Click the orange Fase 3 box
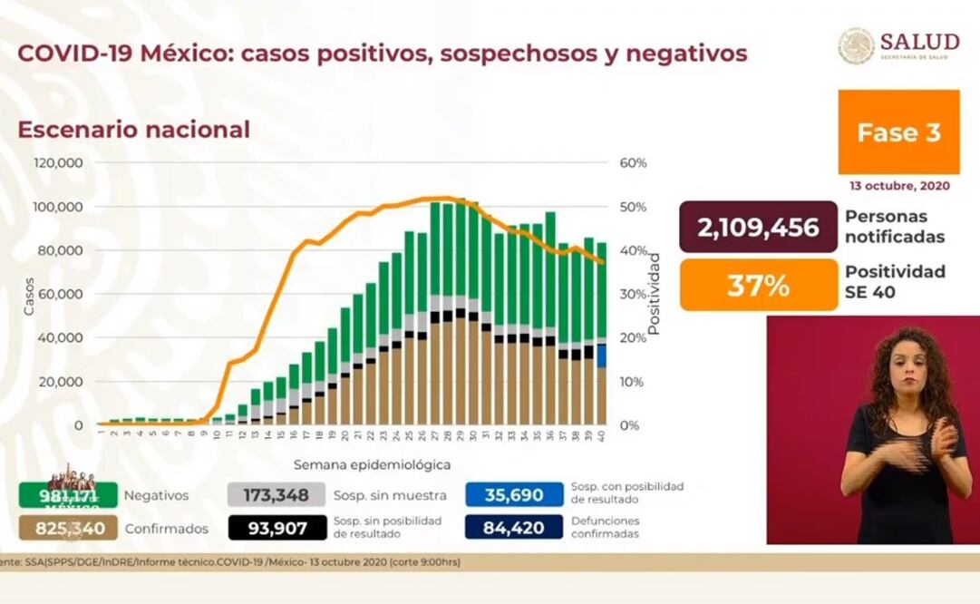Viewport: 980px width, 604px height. click(898, 132)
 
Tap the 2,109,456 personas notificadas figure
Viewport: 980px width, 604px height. click(758, 227)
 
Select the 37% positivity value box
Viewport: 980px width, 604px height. click(758, 285)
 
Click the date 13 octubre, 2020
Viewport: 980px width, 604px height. click(899, 185)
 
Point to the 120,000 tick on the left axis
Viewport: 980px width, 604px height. click(59, 163)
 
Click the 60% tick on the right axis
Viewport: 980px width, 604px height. click(633, 163)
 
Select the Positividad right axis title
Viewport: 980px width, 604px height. click(655, 294)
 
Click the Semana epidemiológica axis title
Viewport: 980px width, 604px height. click(372, 464)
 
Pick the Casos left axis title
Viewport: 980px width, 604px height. click(28, 295)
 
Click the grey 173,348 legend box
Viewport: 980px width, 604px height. click(276, 495)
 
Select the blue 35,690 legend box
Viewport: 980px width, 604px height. click(514, 495)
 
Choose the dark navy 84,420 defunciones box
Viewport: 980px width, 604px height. click(514, 527)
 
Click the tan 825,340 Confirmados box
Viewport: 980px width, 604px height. click(68, 528)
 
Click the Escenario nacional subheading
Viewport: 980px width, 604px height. click(133, 130)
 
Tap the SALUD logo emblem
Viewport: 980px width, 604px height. click(856, 46)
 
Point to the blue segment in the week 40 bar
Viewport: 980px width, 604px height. click(601, 356)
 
